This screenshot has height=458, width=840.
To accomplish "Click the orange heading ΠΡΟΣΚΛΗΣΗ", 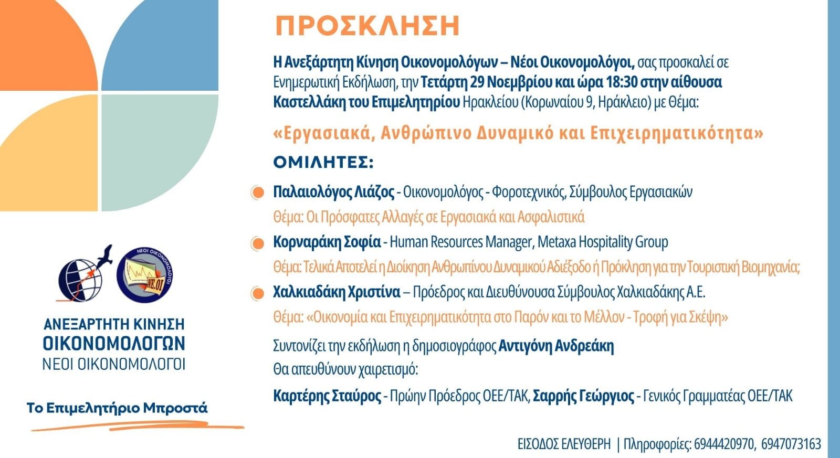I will [x=367, y=26].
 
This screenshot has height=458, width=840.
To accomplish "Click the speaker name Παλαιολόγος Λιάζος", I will [x=333, y=192].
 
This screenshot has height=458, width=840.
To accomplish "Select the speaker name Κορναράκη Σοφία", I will [x=327, y=242].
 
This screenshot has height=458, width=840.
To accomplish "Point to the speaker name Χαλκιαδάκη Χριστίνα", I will [x=337, y=292].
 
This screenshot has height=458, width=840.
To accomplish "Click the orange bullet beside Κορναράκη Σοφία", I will [x=257, y=243].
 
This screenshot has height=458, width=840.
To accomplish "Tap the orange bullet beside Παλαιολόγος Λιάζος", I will [x=257, y=193].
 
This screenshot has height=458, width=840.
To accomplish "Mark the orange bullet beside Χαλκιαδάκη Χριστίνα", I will [x=257, y=293].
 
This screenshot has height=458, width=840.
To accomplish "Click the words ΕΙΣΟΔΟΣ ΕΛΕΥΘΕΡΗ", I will [x=564, y=444].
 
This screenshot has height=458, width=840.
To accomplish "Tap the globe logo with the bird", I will [x=84, y=275].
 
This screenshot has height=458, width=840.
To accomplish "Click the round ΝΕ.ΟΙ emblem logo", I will [x=144, y=275].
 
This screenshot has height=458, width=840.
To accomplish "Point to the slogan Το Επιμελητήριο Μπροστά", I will [x=117, y=408].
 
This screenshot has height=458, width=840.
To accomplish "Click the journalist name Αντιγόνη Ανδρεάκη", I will [x=556, y=346].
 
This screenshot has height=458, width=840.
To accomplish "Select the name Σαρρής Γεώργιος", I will [x=583, y=396].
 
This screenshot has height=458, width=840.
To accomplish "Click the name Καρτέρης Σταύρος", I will [x=327, y=396].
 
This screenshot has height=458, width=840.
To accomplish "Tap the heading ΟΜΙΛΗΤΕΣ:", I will [x=323, y=163].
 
